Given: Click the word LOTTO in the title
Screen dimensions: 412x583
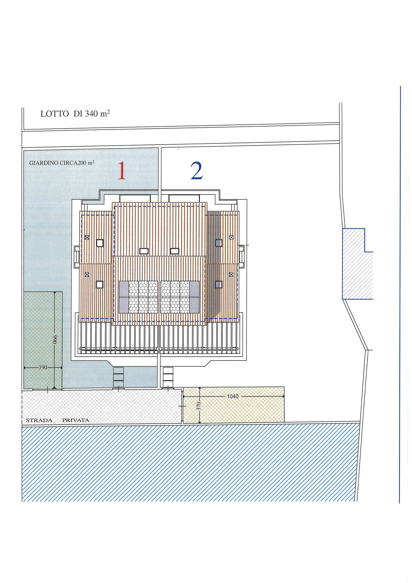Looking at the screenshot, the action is coord(55,114).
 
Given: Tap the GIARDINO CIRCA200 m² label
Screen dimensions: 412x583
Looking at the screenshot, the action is coord(62,163).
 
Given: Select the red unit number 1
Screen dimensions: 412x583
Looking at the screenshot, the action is coord(122,170).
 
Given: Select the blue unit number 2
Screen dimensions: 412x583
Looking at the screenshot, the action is coord(196,170).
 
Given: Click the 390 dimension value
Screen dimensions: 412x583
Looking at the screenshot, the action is coord(43,367).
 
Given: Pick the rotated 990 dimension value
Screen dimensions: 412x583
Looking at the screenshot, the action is coord(55,339).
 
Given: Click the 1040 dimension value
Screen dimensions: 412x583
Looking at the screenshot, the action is coord(233,396).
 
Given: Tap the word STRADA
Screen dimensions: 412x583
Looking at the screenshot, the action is coord(39,420).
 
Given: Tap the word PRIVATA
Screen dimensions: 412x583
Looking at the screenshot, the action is coord(76,420).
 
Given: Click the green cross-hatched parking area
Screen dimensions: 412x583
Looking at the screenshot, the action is coord(43,340).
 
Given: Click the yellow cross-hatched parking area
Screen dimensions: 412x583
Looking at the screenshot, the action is coord(233,405).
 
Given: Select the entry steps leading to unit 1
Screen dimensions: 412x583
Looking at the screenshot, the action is coord(119,377).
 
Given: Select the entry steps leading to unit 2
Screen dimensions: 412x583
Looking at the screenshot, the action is coord(168,377).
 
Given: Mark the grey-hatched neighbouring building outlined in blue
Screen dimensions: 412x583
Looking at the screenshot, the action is coord(358,264).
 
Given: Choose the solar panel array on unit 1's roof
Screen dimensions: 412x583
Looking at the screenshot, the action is coord(138,297).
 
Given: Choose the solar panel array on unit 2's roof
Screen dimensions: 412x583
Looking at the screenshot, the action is coord(180,297).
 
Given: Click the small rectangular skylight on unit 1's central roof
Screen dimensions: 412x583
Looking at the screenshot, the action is coord(144,251).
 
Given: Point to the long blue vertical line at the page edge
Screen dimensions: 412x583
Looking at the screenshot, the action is coord(400,294).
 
